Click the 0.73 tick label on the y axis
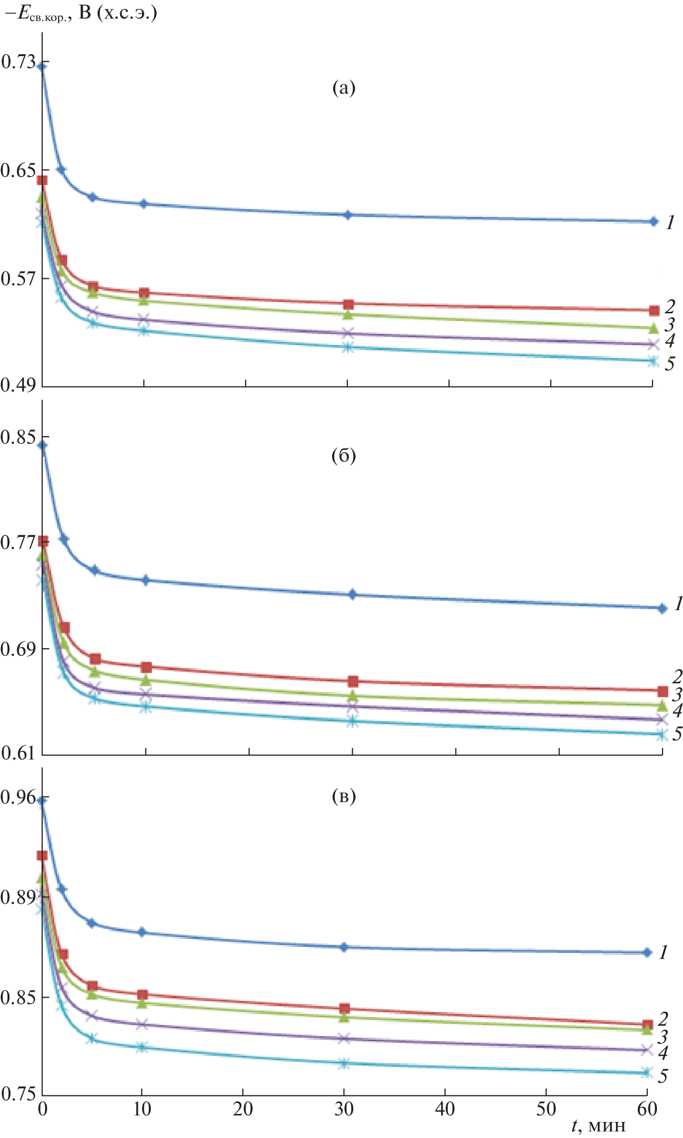[18, 62]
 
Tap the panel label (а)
[344, 88]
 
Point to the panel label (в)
[344, 796]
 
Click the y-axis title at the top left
[80, 13]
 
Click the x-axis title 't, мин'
[598, 1125]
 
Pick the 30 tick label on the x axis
[344, 1108]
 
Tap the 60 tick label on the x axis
[646, 1108]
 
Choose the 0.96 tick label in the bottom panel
[18, 797]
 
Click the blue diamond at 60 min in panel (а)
[653, 222]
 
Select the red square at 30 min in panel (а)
[348, 304]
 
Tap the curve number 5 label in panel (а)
[669, 364]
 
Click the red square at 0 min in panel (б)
[43, 541]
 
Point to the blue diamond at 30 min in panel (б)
[352, 595]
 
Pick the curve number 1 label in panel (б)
[678, 604]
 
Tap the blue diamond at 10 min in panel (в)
[142, 932]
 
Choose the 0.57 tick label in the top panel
[18, 279]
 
